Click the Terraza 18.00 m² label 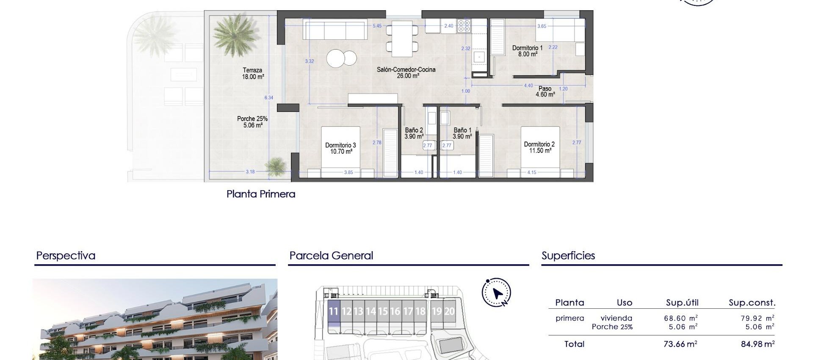click(253, 74)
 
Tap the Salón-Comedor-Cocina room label click(406, 72)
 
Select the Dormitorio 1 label click(527, 51)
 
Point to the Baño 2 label click(414, 133)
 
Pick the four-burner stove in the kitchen click(464, 26)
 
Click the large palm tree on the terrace click(235, 34)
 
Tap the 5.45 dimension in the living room click(377, 26)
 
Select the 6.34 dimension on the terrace click(269, 98)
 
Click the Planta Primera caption click(261, 194)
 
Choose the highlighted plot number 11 click(333, 312)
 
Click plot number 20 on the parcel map click(449, 312)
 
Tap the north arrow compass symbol click(496, 293)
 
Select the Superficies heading click(568, 256)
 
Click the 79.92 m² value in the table click(758, 318)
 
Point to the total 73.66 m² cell click(680, 344)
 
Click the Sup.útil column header click(682, 303)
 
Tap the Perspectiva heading click(66, 256)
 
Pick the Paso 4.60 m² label click(545, 91)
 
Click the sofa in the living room click(335, 30)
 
